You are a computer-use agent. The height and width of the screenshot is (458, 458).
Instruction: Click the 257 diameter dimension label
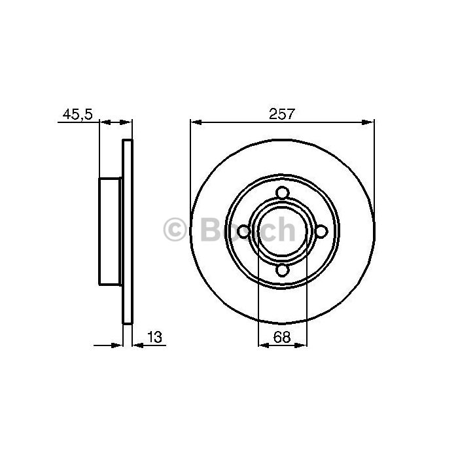coord(282,114)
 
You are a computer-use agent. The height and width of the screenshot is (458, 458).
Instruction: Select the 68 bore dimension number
coord(282,337)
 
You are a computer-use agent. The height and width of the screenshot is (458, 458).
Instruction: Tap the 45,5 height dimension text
coord(77,114)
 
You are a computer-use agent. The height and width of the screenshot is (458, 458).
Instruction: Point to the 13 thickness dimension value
coord(154,337)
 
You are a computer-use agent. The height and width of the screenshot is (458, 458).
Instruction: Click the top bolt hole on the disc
coord(283,194)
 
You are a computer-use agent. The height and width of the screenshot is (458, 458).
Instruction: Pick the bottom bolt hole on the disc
coord(283,270)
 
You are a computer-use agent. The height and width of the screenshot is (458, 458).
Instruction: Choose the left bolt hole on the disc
coord(243,232)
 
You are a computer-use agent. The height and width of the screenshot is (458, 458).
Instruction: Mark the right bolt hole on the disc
coord(321,232)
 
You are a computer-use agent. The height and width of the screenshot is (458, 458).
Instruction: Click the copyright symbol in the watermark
coord(175,230)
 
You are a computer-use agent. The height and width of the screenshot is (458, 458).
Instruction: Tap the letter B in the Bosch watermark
coord(211,230)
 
